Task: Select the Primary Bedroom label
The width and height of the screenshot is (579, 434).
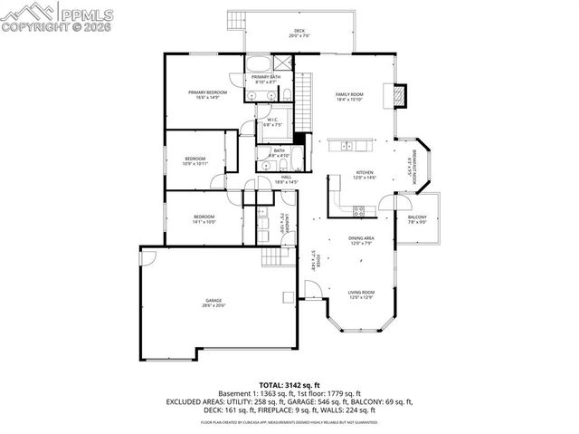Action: pyautogui.click(x=207, y=92)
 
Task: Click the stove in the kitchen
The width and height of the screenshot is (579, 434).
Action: pyautogui.click(x=358, y=210)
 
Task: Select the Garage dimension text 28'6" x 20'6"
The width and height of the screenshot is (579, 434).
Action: pyautogui.click(x=213, y=306)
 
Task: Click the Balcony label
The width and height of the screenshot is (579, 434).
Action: pyautogui.click(x=417, y=218)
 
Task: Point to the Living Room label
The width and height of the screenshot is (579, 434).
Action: pyautogui.click(x=362, y=293)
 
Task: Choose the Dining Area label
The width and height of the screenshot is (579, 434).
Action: pyautogui.click(x=362, y=239)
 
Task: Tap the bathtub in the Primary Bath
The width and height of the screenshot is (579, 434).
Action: pyautogui.click(x=259, y=64)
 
